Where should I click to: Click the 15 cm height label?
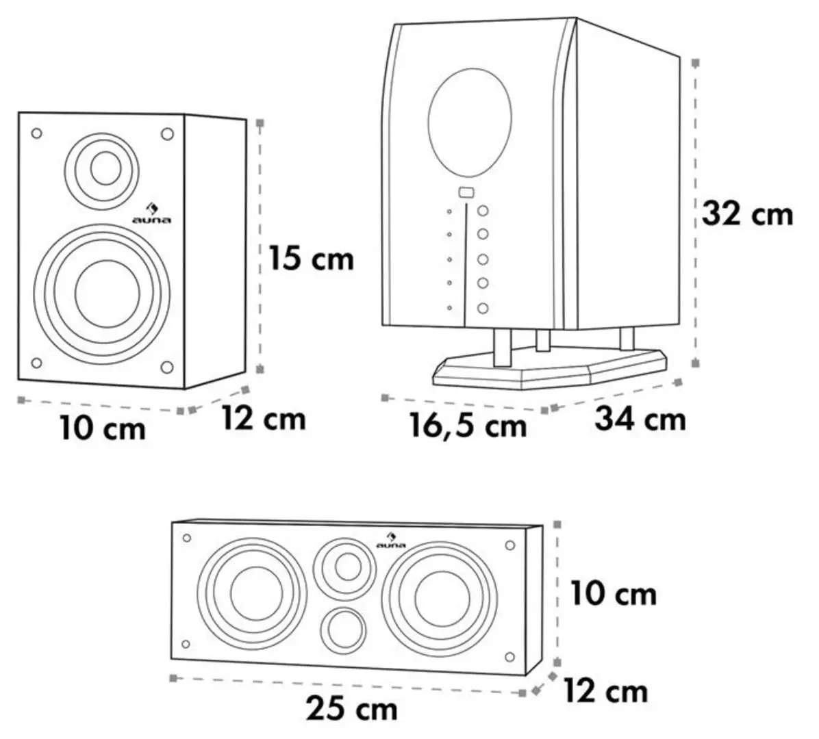tap(312, 259)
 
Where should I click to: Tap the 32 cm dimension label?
tap(748, 214)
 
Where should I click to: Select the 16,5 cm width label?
tap(468, 426)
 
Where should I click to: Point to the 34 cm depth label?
tap(640, 418)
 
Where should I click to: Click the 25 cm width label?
tap(352, 708)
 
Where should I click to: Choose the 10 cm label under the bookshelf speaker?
tap(103, 429)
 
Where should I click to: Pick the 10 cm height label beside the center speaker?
tap(614, 593)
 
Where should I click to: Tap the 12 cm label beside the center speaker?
tap(605, 691)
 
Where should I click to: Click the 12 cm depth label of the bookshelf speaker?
tap(264, 418)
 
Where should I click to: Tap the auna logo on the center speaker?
tap(392, 540)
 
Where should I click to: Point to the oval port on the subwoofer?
tap(470, 121)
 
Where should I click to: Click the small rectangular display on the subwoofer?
tap(466, 192)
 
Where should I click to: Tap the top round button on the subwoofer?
tap(483, 211)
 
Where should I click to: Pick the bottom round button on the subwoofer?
tap(483, 309)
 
